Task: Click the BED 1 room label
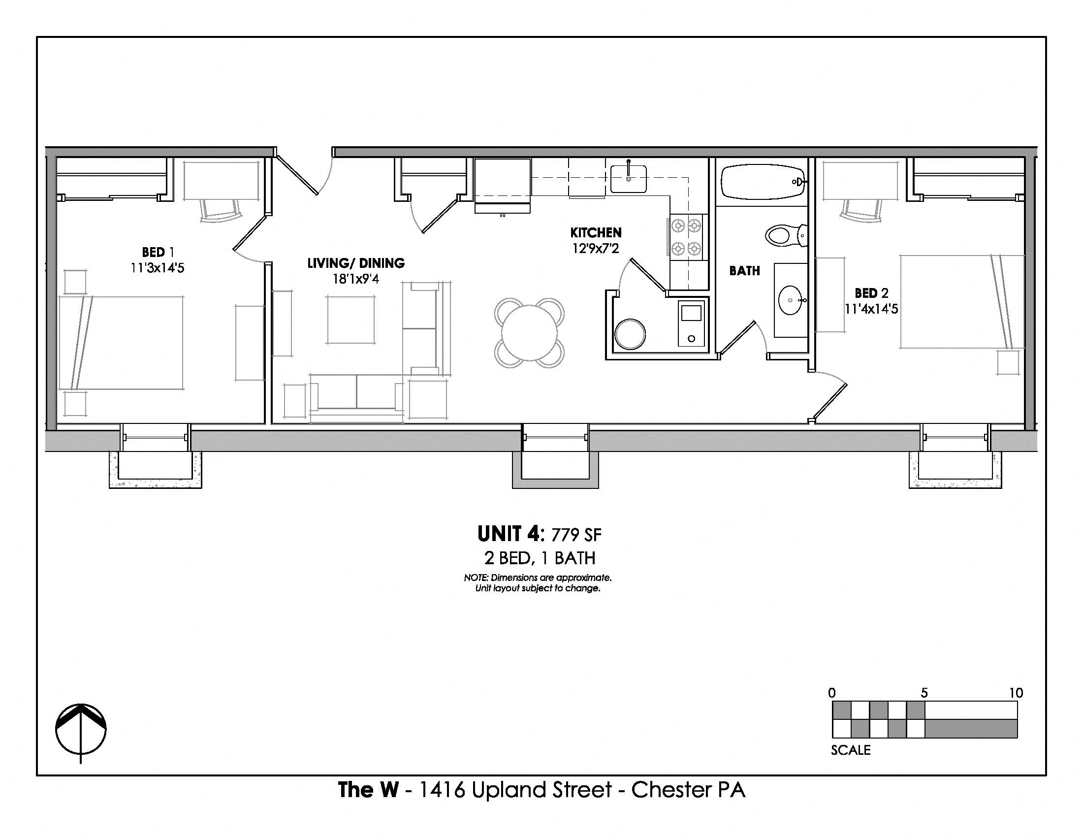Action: click(x=158, y=253)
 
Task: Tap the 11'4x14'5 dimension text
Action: click(x=871, y=309)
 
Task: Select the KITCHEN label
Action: click(x=596, y=232)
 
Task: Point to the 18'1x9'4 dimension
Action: click(x=355, y=279)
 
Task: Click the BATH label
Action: click(x=744, y=271)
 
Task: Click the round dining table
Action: click(x=529, y=333)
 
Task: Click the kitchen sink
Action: click(x=628, y=179)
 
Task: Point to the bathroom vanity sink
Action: click(x=792, y=300)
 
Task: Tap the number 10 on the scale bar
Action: click(x=1016, y=693)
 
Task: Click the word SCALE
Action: click(x=851, y=750)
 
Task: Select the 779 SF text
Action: click(x=576, y=535)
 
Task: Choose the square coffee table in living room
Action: click(x=350, y=320)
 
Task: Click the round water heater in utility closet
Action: click(x=630, y=334)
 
